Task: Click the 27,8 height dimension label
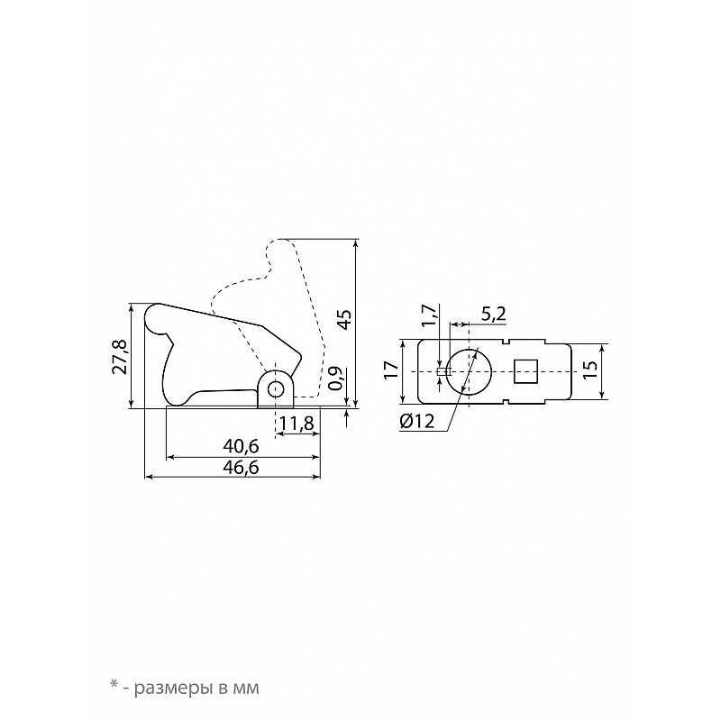tap(121, 357)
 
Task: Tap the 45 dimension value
tap(344, 319)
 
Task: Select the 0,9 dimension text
tap(334, 378)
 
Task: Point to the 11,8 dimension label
tap(297, 423)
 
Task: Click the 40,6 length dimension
tap(241, 445)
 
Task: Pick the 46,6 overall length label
tap(241, 467)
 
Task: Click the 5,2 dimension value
tap(493, 315)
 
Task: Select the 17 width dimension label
tap(391, 370)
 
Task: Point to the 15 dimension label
tap(590, 370)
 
